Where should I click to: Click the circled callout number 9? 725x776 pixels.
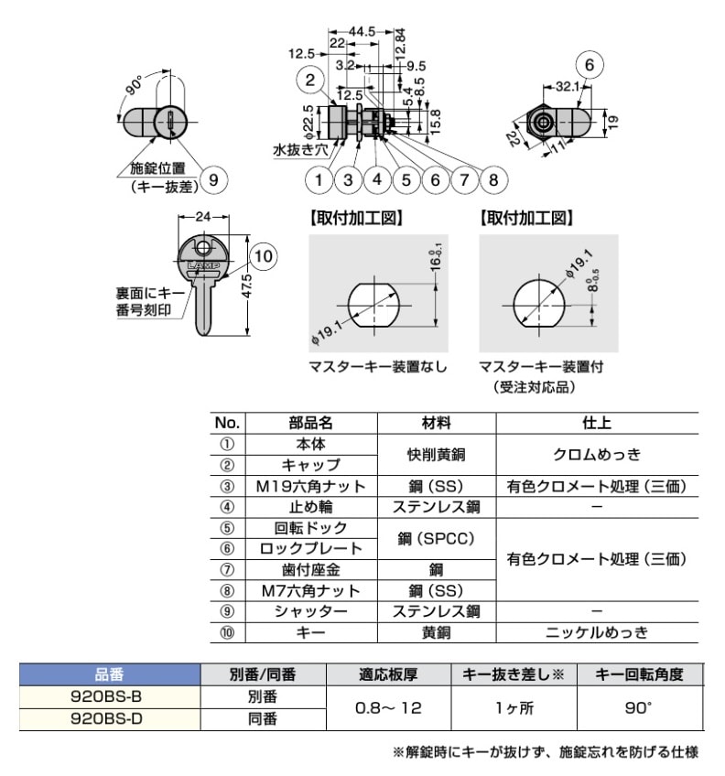pyautogui.click(x=212, y=179)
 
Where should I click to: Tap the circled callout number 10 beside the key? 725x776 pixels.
pyautogui.click(x=262, y=257)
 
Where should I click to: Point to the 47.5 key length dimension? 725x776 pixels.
pyautogui.click(x=245, y=284)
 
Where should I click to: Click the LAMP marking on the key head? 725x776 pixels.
pyautogui.click(x=204, y=266)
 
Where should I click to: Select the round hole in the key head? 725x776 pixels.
pyautogui.click(x=204, y=246)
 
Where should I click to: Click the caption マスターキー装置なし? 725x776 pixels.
pyautogui.click(x=378, y=367)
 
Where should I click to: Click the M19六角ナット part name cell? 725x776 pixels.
pyautogui.click(x=312, y=486)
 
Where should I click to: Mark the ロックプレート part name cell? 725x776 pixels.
pyautogui.click(x=312, y=548)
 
